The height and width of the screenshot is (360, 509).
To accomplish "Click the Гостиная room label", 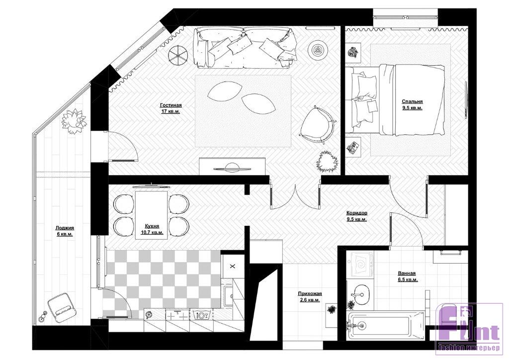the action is pos(171,105).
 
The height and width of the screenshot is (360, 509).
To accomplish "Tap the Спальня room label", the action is pos(412,101).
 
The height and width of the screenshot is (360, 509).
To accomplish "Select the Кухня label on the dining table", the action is pos(152,226).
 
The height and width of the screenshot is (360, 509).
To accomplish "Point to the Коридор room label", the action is pos(357,213).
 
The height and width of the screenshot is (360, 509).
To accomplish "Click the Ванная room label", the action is pos(407,273).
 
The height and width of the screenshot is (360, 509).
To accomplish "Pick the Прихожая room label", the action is pos(310,294).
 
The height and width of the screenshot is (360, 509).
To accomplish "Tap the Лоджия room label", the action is pos(65,228).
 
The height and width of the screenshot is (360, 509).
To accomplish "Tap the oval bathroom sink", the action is pos(360,295).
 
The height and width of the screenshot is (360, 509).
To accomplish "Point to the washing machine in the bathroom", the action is pos(360,265).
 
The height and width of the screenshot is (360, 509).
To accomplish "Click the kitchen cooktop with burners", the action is pos(177,315).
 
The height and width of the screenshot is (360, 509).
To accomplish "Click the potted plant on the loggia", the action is pos(74,121).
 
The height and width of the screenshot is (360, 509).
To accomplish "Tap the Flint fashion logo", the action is pos(470,328).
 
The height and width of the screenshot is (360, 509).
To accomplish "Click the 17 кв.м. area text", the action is pos(171,111).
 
